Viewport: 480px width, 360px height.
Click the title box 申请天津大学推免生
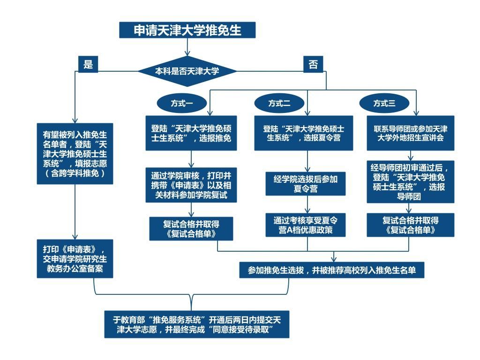[x=187, y=30]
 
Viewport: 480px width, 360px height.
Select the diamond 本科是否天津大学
[x=187, y=71]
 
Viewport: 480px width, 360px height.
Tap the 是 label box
[x=88, y=64]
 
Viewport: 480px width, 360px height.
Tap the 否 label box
[x=313, y=64]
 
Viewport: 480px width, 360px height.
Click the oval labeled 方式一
[x=181, y=103]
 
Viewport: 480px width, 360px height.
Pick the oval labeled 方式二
[x=279, y=103]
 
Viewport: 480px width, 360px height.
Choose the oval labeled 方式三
[x=384, y=103]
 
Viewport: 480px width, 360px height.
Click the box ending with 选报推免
[x=191, y=133]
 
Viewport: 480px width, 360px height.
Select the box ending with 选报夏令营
[x=304, y=133]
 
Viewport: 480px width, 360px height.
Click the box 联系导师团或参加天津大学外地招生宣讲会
[x=410, y=133]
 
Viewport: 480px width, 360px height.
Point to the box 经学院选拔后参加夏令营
[x=306, y=183]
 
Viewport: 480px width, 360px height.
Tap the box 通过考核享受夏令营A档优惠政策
[x=306, y=225]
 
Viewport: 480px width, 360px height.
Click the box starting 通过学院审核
[x=191, y=185]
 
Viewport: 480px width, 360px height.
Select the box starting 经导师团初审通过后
[x=410, y=181]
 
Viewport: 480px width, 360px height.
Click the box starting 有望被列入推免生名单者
[x=75, y=153]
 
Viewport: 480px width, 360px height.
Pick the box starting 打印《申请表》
[x=75, y=258]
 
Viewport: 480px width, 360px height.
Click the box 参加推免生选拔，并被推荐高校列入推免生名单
[x=331, y=270]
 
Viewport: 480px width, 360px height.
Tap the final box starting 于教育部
[x=196, y=324]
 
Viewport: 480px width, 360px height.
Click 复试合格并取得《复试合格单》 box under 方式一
[x=191, y=228]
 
